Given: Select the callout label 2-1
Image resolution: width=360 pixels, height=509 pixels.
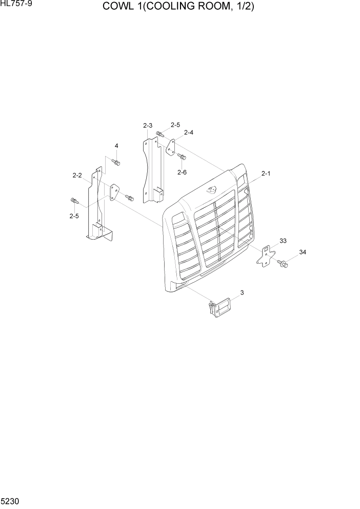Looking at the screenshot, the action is click(266, 174).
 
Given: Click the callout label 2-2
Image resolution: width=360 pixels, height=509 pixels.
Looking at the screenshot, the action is click(77, 175).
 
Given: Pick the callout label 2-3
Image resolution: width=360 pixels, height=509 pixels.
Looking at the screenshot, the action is click(148, 125).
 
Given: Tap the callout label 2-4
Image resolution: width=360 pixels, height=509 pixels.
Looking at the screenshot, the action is click(188, 132).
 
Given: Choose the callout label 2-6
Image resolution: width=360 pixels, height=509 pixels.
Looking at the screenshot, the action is click(182, 172).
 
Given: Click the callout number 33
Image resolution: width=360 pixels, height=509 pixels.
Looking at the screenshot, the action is click(283, 240).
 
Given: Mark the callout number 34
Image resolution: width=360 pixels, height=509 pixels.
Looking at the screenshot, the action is click(302, 252).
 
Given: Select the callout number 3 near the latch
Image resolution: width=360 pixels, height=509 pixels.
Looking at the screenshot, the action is click(242, 292).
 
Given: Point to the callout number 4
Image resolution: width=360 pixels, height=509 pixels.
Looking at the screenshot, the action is click(116, 146).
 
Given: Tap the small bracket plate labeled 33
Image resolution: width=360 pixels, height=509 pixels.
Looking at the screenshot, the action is click(266, 255).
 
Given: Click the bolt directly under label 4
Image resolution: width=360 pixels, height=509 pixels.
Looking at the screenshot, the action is click(116, 163).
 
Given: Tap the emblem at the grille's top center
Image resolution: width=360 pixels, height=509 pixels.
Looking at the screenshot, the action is click(212, 190).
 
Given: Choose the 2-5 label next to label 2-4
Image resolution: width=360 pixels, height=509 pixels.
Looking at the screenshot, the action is click(175, 125).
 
